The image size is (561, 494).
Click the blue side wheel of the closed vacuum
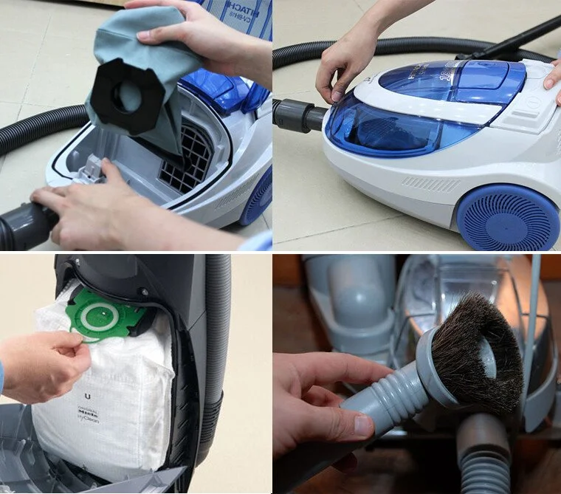[x=507, y=218]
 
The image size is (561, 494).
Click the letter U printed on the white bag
[x=88, y=397]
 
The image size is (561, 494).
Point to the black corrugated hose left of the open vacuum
[x=37, y=129]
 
